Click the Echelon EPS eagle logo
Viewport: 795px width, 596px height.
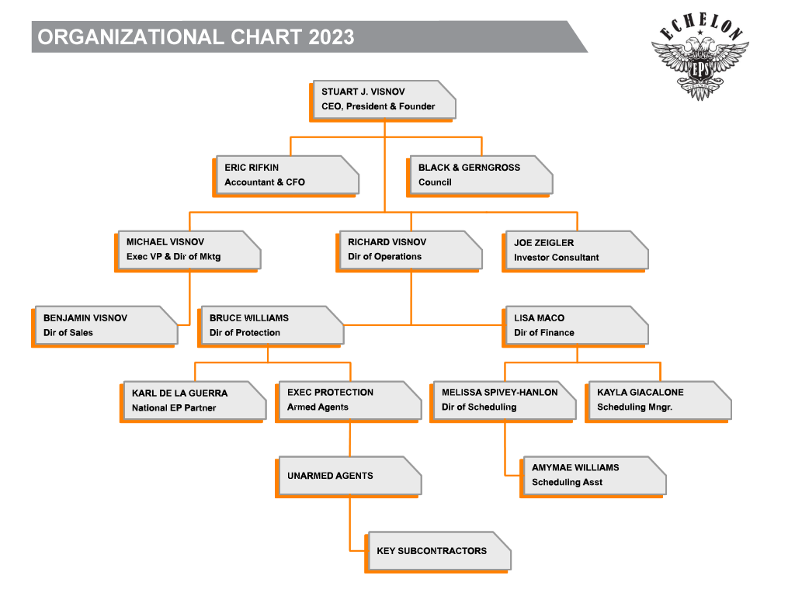pyautogui.click(x=700, y=56)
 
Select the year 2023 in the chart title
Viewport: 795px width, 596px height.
pyautogui.click(x=331, y=37)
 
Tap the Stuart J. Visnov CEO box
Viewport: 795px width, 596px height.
pyautogui.click(x=383, y=100)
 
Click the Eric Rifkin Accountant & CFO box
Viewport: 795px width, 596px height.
pyautogui.click(x=286, y=176)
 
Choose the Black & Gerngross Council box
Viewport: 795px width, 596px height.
pyautogui.click(x=479, y=176)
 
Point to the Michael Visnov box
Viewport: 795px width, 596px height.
pyautogui.click(x=188, y=251)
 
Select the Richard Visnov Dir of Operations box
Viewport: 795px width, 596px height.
pyautogui.click(x=408, y=251)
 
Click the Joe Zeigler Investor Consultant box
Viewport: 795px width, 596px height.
pyautogui.click(x=575, y=251)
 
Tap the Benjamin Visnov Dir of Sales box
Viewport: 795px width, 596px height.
pyautogui.click(x=105, y=327)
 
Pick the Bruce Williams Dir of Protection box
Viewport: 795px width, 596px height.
pyautogui.click(x=271, y=327)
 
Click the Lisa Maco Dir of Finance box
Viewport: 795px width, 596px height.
pyautogui.click(x=575, y=327)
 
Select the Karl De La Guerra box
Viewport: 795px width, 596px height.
pyautogui.click(x=193, y=401)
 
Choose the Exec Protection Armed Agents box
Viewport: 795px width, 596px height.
pyautogui.click(x=349, y=401)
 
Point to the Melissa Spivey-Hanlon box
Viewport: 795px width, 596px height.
pyautogui.click(x=503, y=401)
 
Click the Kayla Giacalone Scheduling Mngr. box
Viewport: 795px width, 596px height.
pyautogui.click(x=658, y=401)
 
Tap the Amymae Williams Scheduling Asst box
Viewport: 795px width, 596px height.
pyautogui.click(x=592, y=476)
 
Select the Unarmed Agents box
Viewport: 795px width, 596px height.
pyautogui.click(x=349, y=476)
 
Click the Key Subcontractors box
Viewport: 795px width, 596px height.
pyautogui.click(x=438, y=552)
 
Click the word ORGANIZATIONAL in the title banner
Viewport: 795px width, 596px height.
pyautogui.click(x=130, y=37)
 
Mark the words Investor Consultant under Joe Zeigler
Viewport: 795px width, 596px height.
pyautogui.click(x=556, y=258)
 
